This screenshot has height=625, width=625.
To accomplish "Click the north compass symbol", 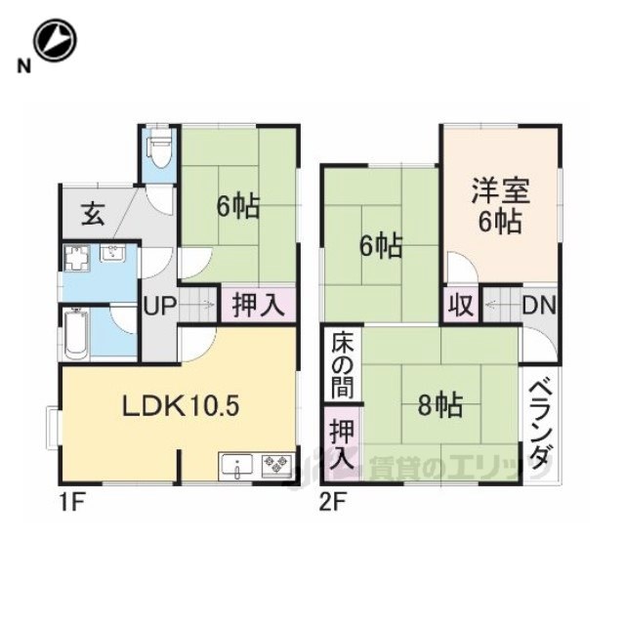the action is click(55, 40).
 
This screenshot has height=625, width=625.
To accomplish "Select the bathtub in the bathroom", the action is click(76, 332).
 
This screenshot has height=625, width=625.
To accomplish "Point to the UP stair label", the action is click(159, 306).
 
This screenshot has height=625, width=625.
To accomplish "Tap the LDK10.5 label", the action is click(181, 406).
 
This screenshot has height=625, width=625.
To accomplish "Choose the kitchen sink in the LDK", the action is click(237, 466).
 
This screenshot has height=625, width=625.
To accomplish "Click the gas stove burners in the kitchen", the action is click(275, 465).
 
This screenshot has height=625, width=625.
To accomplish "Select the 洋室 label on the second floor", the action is click(500, 191).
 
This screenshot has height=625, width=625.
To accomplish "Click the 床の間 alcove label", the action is click(343, 365).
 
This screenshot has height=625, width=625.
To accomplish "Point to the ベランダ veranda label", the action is click(540, 426).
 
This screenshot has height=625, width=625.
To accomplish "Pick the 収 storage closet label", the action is click(461, 306).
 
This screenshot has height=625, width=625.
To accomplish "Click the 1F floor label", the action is click(71, 503).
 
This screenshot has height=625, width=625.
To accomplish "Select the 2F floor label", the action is click(333, 503).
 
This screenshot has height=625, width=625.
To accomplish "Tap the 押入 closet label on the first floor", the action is click(258, 306).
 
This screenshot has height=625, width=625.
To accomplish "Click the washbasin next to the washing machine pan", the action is click(112, 254).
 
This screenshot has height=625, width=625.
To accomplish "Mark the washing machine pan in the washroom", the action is click(77, 257).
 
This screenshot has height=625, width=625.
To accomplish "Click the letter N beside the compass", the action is click(23, 65).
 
